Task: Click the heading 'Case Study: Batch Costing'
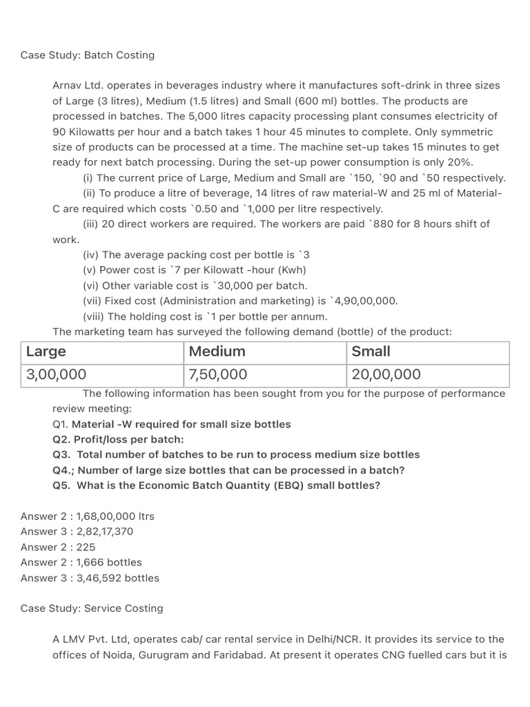coord(88,55)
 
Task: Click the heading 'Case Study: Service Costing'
coord(92,608)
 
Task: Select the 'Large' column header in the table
coord(46,351)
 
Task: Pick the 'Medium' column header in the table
coord(217,351)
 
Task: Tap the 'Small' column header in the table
coord(371,351)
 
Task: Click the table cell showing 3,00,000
coord(57,375)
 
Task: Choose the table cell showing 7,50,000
coord(218,375)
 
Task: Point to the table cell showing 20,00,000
coord(386,375)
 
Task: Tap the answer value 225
coord(86,547)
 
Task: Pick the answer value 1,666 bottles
coord(109,562)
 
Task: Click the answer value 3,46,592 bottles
coord(118,578)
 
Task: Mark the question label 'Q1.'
coord(61,424)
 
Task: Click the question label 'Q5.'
coord(61,485)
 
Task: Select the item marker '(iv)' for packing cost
coord(91,255)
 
